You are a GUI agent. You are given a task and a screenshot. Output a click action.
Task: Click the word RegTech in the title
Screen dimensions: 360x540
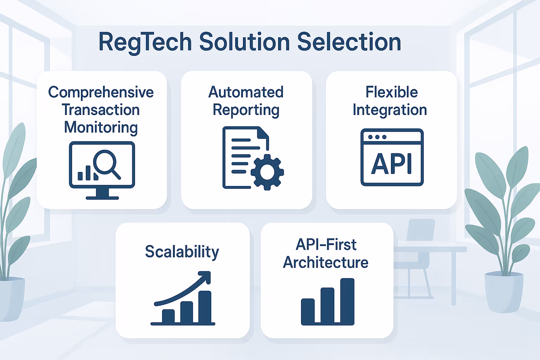click(x=145, y=42)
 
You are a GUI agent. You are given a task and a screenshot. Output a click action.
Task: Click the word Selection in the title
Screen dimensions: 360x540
click(x=349, y=42)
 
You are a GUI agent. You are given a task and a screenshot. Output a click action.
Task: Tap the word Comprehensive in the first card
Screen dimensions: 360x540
click(x=101, y=92)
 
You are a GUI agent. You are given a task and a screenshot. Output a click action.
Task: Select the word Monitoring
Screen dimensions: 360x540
click(x=101, y=128)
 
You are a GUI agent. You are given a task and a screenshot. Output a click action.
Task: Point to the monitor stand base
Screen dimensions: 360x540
click(x=102, y=198)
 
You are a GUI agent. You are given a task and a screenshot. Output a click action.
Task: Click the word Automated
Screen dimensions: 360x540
click(x=246, y=92)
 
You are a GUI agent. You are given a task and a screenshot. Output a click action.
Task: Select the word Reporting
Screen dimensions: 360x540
click(x=246, y=110)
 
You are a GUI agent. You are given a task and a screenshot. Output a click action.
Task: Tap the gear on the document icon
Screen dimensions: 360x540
click(x=267, y=172)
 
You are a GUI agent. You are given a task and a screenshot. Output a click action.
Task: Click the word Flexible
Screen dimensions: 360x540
click(x=392, y=92)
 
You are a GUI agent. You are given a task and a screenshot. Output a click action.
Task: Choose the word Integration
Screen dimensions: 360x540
click(x=390, y=110)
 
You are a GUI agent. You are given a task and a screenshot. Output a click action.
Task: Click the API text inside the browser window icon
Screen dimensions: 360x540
click(x=392, y=164)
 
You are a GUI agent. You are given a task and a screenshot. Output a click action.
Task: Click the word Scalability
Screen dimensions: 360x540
click(x=182, y=252)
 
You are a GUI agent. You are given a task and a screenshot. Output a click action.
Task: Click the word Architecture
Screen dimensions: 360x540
click(x=326, y=263)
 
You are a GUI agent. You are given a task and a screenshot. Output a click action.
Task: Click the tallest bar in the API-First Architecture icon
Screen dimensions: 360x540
click(x=347, y=301)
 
